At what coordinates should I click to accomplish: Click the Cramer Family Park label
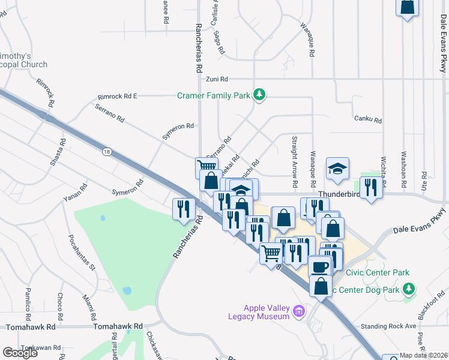(x=214, y=95)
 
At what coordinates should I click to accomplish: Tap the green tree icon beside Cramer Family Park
(x=259, y=95)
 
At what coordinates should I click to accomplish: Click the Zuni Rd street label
(x=217, y=79)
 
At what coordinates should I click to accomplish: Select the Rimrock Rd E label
(x=118, y=96)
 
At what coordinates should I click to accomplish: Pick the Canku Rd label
(x=368, y=120)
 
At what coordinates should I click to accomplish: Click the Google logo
(x=20, y=352)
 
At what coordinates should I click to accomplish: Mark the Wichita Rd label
(x=382, y=157)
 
